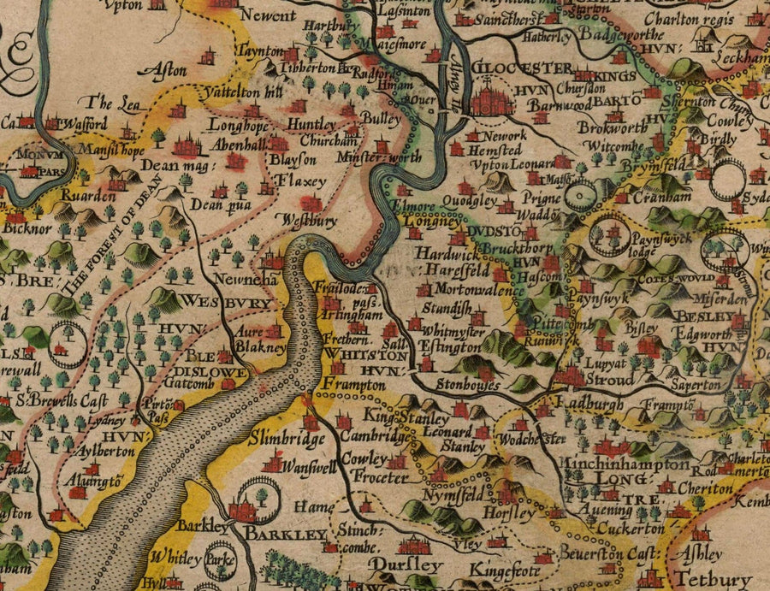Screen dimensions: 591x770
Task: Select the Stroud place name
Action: point(610,381)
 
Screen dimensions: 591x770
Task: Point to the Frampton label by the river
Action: point(354,386)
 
